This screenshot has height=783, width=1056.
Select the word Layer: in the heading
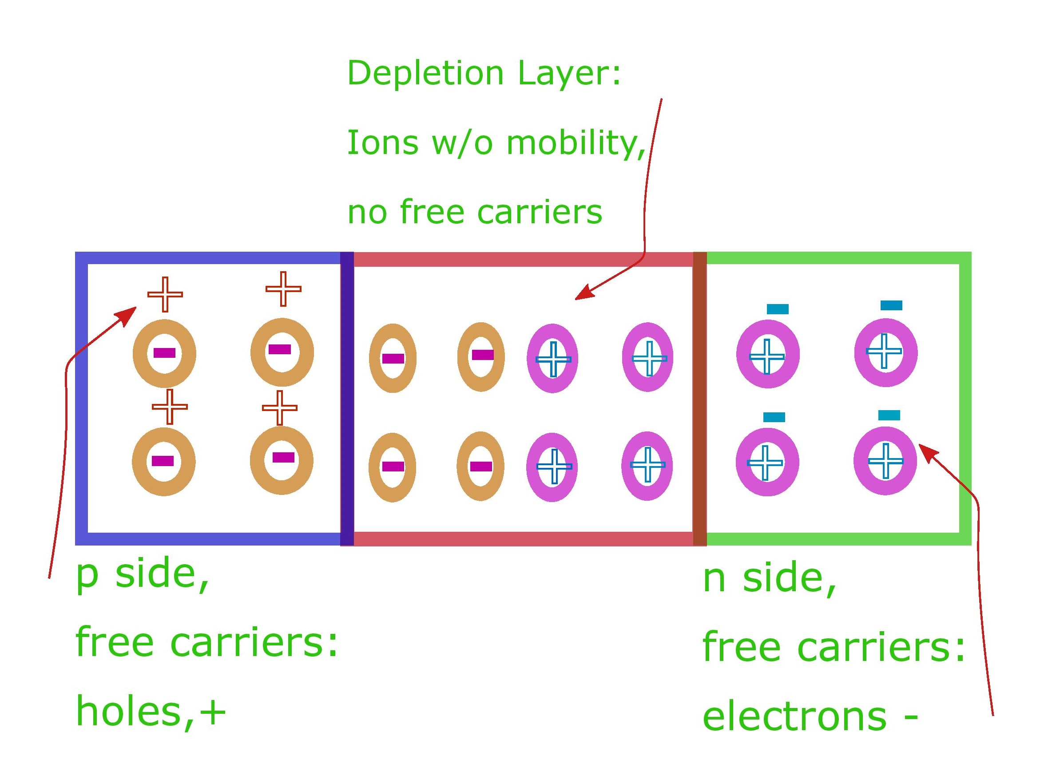click(569, 74)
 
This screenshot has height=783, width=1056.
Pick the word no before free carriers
click(368, 212)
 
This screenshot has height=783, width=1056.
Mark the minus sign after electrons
click(911, 717)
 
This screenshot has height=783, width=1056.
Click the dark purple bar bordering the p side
click(347, 398)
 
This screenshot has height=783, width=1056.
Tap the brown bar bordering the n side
click(700, 398)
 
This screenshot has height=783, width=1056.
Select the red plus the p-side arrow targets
click(165, 294)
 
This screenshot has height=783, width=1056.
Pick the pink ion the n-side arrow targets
click(885, 461)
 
